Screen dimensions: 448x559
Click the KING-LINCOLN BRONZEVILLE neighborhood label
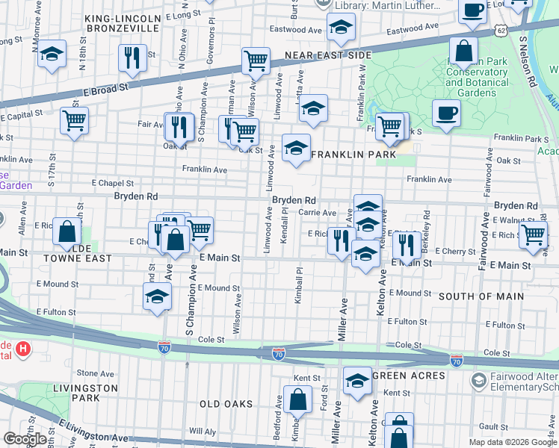(123, 22)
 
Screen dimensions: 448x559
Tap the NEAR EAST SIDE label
(328, 55)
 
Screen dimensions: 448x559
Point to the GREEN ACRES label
(409, 375)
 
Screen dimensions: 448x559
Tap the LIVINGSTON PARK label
(85, 393)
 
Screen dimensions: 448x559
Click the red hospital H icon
(24, 348)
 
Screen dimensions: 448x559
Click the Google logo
(25, 438)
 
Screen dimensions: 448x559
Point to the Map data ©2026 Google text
(513, 442)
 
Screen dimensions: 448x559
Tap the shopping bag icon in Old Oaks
(297, 399)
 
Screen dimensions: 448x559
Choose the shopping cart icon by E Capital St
(74, 119)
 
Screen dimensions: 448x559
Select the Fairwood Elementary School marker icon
(478, 381)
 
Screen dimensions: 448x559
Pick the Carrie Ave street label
(317, 213)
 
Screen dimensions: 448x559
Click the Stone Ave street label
(95, 373)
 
